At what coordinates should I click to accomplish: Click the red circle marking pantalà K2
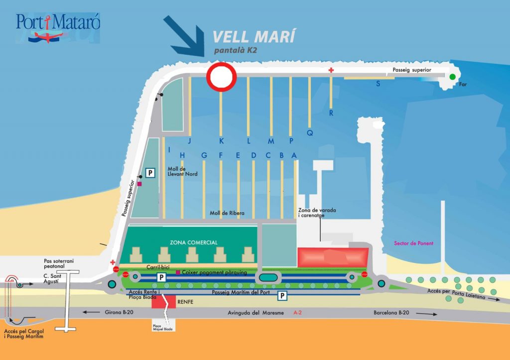[222, 77]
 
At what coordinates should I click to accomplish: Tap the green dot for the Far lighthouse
[452, 77]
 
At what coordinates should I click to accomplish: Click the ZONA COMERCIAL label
[194, 242]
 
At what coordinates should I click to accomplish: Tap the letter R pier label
[331, 113]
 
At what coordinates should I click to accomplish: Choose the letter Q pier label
[309, 133]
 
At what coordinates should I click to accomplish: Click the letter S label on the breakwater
[378, 84]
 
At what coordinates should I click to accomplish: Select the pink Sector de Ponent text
[413, 243]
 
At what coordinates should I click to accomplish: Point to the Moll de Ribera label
[227, 213]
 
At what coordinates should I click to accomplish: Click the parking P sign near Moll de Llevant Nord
[149, 172]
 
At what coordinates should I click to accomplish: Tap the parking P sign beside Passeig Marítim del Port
[282, 296]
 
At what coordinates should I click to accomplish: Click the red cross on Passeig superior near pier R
[331, 70]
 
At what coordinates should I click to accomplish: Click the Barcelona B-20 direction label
[391, 313]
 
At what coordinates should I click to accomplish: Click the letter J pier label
[189, 141]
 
